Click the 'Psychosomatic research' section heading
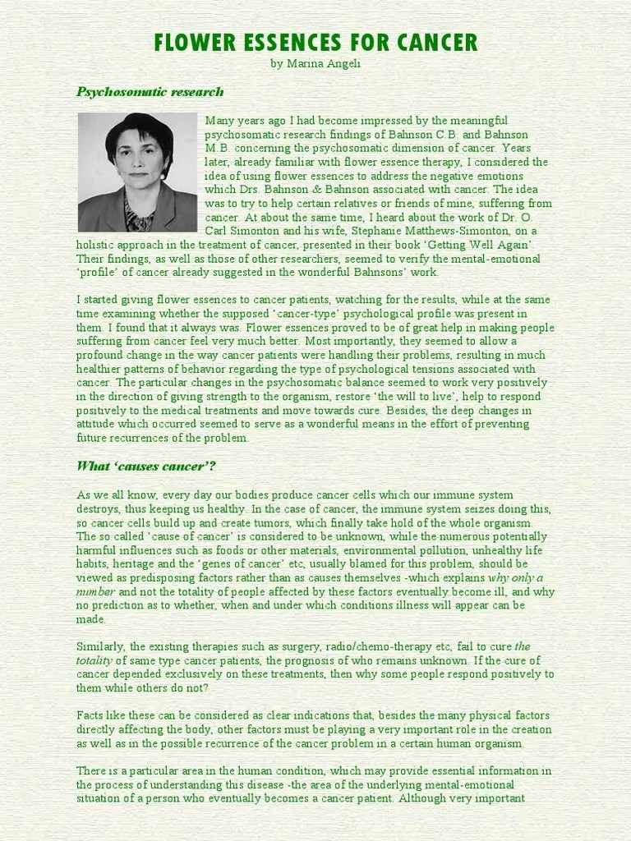coord(150,92)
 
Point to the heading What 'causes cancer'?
coord(146,466)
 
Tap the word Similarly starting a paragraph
coord(103,646)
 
